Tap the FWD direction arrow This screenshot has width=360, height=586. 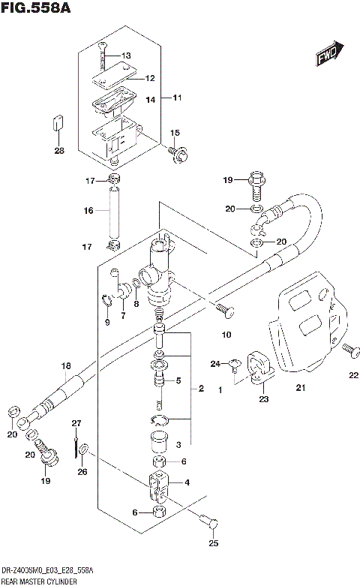[x=328, y=55]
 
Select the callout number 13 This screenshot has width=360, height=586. [x=125, y=56]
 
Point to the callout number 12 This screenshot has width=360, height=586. [x=149, y=78]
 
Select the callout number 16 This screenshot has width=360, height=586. [x=88, y=211]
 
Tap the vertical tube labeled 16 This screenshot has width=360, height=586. [x=114, y=212]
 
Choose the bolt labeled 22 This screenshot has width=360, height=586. [x=348, y=349]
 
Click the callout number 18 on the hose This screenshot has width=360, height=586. [x=65, y=366]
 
